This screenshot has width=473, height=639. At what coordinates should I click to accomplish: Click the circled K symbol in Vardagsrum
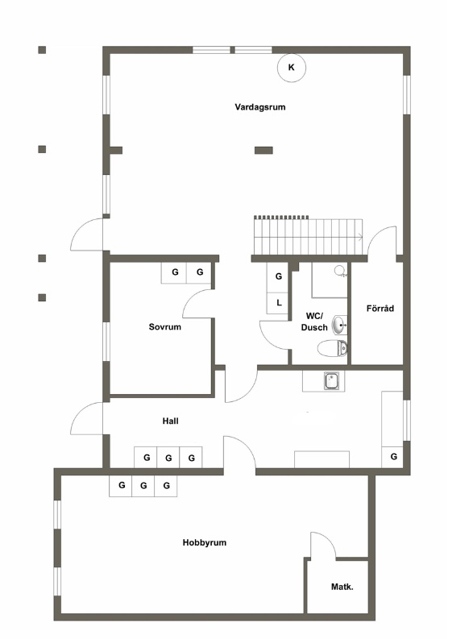tap(292, 68)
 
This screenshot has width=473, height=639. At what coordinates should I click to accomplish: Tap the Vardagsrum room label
tap(260, 107)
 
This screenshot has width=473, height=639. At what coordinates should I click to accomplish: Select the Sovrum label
tap(164, 327)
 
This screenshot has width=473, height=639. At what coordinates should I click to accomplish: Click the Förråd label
tap(380, 309)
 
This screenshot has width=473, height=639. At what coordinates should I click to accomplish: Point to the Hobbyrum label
tap(204, 543)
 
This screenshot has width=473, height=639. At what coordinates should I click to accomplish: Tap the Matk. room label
tap(342, 587)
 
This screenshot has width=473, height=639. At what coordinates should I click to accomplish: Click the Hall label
tap(170, 421)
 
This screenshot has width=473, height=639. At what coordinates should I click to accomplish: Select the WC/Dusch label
tap(314, 322)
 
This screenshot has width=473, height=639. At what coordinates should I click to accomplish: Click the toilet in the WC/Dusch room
tap(333, 348)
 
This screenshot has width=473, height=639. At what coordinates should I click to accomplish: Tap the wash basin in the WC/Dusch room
tap(340, 325)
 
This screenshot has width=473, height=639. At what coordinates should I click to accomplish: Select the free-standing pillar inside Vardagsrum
tap(263, 151)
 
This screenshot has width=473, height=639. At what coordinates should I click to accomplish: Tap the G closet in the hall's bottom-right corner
tap(392, 457)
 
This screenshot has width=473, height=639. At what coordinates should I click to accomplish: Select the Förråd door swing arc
tap(377, 234)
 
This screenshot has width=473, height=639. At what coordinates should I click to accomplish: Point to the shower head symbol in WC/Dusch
tap(340, 272)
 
